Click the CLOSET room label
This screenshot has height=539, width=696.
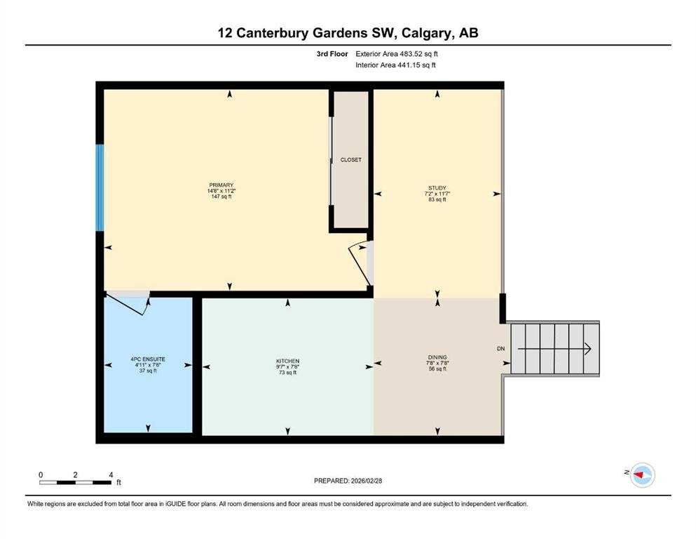click(x=350, y=160)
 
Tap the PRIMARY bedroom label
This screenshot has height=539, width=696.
click(x=221, y=185)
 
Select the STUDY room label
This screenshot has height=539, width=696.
click(x=437, y=188)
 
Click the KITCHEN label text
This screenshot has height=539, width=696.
click(x=287, y=361)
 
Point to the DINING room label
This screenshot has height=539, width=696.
click(x=437, y=357)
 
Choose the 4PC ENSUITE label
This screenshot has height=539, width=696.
click(x=148, y=359)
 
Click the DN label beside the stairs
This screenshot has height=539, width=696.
click(x=500, y=349)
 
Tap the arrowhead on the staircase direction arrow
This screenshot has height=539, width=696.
click(x=587, y=349)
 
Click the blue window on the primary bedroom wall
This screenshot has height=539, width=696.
click(x=100, y=187)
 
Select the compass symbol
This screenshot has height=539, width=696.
click(x=642, y=474)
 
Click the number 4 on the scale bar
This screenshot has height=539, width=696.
click(x=111, y=475)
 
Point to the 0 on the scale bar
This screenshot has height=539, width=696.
click(x=41, y=475)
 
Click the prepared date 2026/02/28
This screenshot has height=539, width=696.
click(x=366, y=481)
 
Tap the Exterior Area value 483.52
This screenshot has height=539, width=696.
click(x=410, y=54)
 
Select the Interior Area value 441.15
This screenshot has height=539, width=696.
click(x=408, y=65)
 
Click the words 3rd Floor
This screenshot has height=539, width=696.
click(x=332, y=54)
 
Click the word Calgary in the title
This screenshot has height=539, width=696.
click(x=425, y=33)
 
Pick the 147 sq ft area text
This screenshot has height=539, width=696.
click(x=221, y=197)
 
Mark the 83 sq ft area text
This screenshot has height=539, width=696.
click(x=437, y=199)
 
